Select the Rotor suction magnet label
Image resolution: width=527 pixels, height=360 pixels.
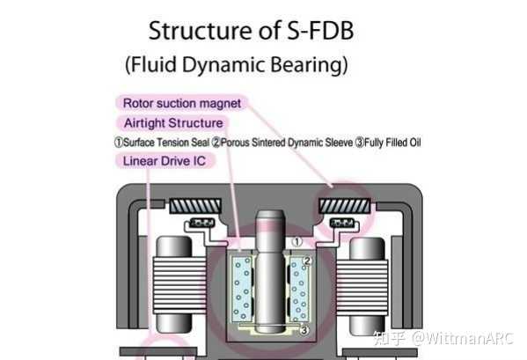tap(181, 103)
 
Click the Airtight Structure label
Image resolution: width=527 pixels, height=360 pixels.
tap(172, 122)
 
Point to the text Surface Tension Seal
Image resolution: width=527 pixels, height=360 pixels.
tap(164, 142)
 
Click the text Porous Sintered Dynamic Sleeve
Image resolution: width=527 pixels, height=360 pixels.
tap(287, 142)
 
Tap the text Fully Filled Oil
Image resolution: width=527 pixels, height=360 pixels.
tap(392, 142)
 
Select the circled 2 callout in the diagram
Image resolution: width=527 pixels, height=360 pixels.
tap(307, 262)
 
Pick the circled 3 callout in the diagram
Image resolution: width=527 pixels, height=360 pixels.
tap(303, 331)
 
